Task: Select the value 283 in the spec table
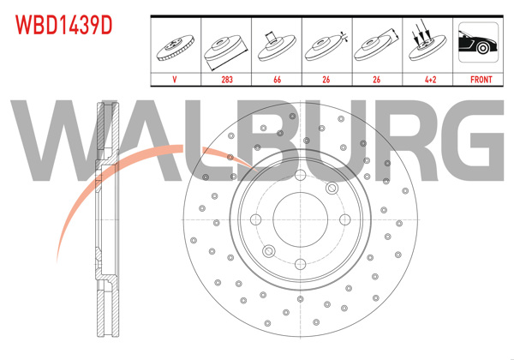227,79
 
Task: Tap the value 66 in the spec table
277,79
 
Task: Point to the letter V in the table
176,79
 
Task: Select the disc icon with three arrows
427,45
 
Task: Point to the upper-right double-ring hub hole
330,189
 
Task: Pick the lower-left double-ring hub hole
269,250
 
